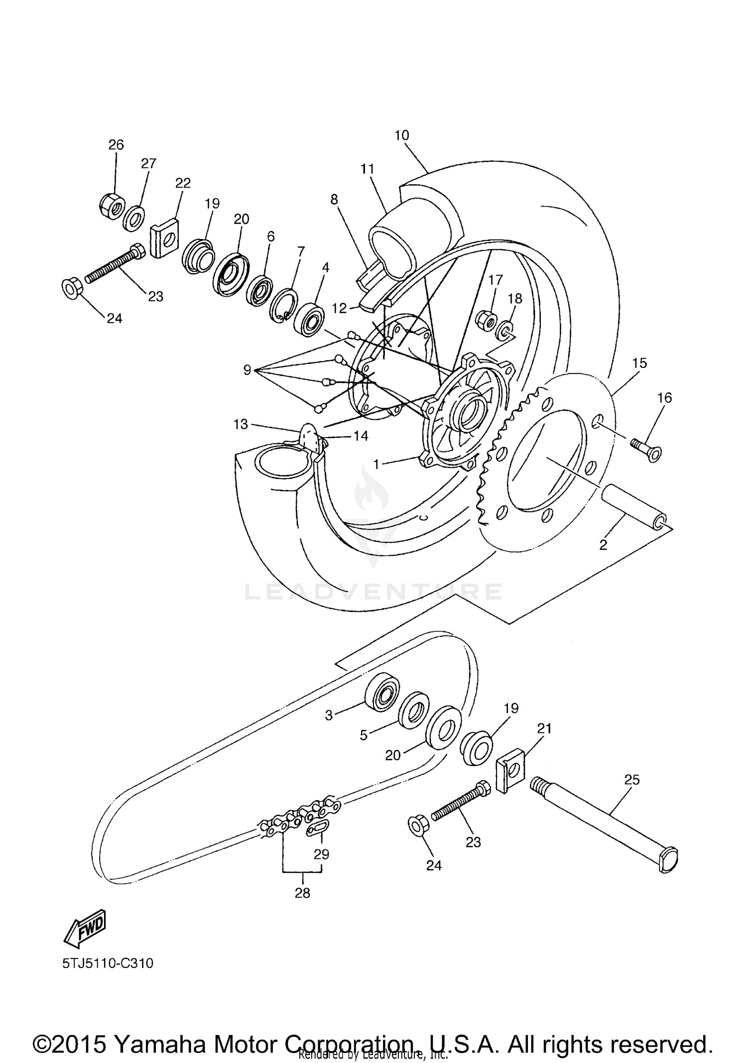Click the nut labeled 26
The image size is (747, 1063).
click(x=111, y=205)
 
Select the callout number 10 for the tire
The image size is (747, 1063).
click(x=401, y=135)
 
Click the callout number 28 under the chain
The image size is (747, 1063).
click(x=302, y=893)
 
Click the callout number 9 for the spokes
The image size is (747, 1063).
click(x=247, y=370)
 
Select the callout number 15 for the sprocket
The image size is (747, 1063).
click(x=639, y=363)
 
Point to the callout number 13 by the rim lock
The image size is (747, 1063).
click(x=241, y=424)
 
